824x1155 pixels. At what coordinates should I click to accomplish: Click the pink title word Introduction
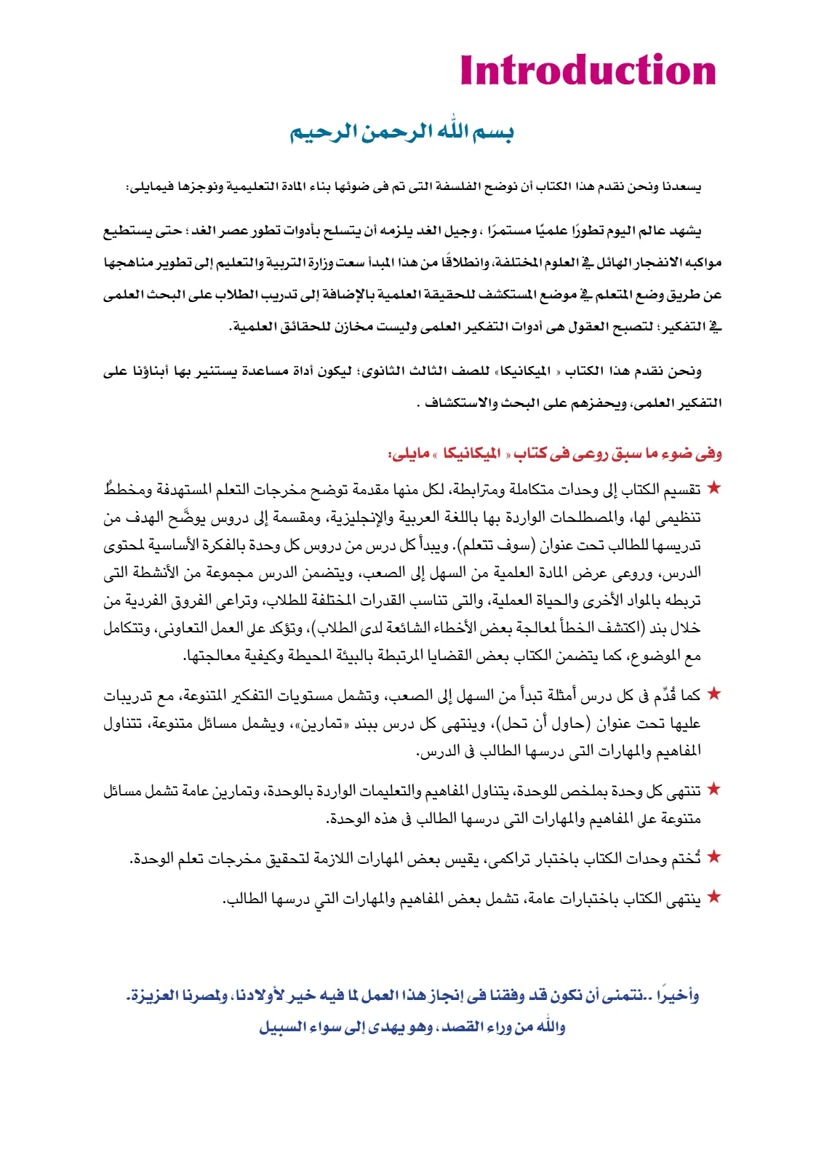coord(588,71)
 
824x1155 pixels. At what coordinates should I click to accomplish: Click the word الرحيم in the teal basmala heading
coord(317,132)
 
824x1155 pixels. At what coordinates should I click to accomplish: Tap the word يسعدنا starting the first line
coord(681,188)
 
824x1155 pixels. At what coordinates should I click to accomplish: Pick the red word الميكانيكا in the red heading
coord(472,454)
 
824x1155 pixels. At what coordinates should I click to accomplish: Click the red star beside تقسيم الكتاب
coord(714,488)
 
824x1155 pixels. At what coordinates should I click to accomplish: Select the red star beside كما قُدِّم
coord(714,694)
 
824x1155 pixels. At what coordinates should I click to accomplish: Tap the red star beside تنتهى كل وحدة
coord(714,789)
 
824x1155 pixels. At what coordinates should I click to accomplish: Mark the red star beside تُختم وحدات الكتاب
coord(714,857)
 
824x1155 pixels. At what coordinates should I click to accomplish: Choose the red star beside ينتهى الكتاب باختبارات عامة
coord(714,897)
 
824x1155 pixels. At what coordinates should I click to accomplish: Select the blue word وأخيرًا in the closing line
coord(677,995)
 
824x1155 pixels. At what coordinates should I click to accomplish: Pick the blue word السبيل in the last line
coord(280,1028)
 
